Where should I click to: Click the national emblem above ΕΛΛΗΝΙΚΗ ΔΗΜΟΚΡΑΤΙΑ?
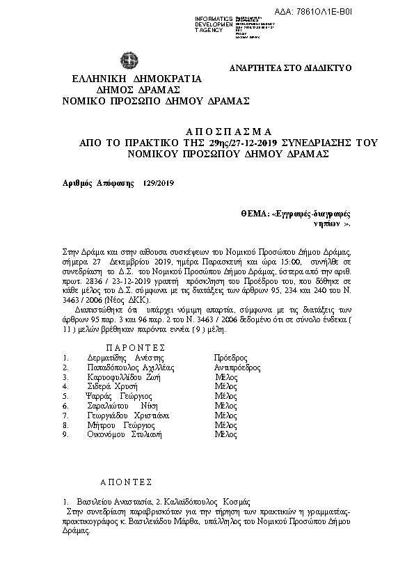point(129,60)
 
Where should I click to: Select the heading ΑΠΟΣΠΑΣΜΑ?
point(229,132)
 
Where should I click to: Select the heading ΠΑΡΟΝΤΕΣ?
point(135,347)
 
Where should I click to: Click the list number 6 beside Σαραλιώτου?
point(65,405)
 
